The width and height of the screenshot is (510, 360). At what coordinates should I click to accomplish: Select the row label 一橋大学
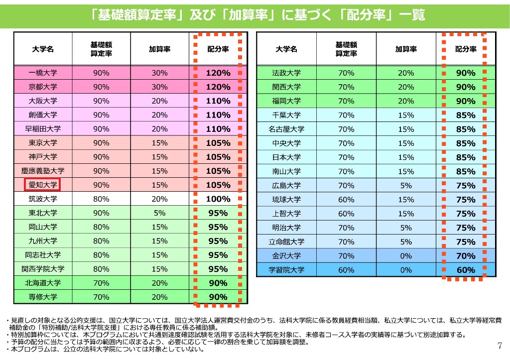pos(43,73)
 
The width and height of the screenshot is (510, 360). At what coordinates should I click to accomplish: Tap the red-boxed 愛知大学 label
pos(43,185)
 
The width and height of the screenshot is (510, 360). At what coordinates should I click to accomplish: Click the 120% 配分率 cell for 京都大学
pos(218,87)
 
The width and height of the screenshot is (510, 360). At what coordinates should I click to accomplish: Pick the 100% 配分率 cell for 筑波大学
pos(218,199)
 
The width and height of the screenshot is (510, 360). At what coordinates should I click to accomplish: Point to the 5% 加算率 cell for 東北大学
pos(159,213)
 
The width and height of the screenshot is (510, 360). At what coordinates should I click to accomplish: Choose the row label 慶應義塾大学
pos(43,171)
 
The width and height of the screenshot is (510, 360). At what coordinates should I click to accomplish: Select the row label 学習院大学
pos(286,270)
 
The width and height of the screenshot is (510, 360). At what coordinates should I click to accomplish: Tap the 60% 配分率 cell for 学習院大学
pos(466,270)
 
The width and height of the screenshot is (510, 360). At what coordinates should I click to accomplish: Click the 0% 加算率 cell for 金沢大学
pos(406,256)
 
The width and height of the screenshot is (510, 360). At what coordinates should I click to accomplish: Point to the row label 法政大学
pos(286,73)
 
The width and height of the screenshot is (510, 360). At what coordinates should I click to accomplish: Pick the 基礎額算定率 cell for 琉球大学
pos(346,200)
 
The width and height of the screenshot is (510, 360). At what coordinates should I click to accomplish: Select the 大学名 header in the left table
pos(43,49)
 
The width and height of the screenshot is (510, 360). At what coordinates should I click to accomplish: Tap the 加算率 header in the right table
pos(406,49)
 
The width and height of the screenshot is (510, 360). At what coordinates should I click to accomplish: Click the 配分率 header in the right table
pos(466,49)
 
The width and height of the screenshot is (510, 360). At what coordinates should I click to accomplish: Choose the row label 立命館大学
pos(286,242)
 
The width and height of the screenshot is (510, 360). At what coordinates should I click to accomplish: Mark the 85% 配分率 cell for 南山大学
pos(466,171)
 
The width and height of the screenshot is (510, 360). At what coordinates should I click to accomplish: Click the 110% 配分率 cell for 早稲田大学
pos(218,129)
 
